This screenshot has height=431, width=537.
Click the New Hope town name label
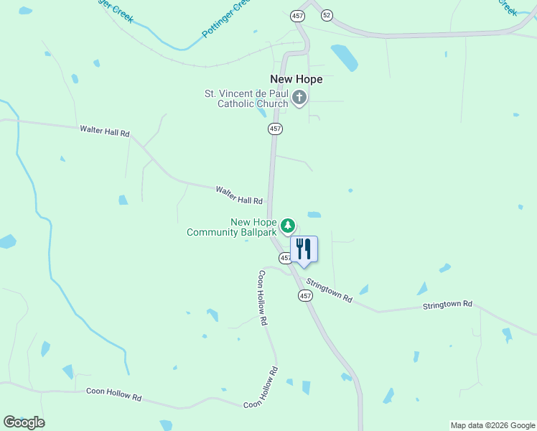(x=296, y=79)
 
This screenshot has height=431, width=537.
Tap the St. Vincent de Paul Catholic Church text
(x=246, y=98)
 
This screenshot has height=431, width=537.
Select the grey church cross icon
(x=299, y=98)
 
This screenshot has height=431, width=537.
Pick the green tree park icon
(x=288, y=226)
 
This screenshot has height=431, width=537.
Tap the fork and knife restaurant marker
(x=304, y=249)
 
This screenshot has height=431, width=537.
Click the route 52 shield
(x=327, y=14)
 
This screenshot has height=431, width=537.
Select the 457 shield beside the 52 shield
(x=297, y=14)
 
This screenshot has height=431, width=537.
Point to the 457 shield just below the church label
(x=275, y=129)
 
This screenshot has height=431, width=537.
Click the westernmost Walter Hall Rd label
(x=105, y=131)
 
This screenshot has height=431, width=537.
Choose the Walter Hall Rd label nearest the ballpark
(x=239, y=195)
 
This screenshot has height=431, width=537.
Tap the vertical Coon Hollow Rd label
(x=263, y=298)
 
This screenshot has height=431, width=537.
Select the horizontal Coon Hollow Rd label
(x=114, y=394)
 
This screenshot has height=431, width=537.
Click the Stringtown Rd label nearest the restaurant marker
(x=330, y=289)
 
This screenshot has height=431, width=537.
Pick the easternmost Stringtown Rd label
(x=447, y=305)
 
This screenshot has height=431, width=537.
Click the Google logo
(x=24, y=422)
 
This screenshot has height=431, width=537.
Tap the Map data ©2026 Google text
(x=492, y=425)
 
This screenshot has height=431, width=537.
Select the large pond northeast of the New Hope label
(x=344, y=57)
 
